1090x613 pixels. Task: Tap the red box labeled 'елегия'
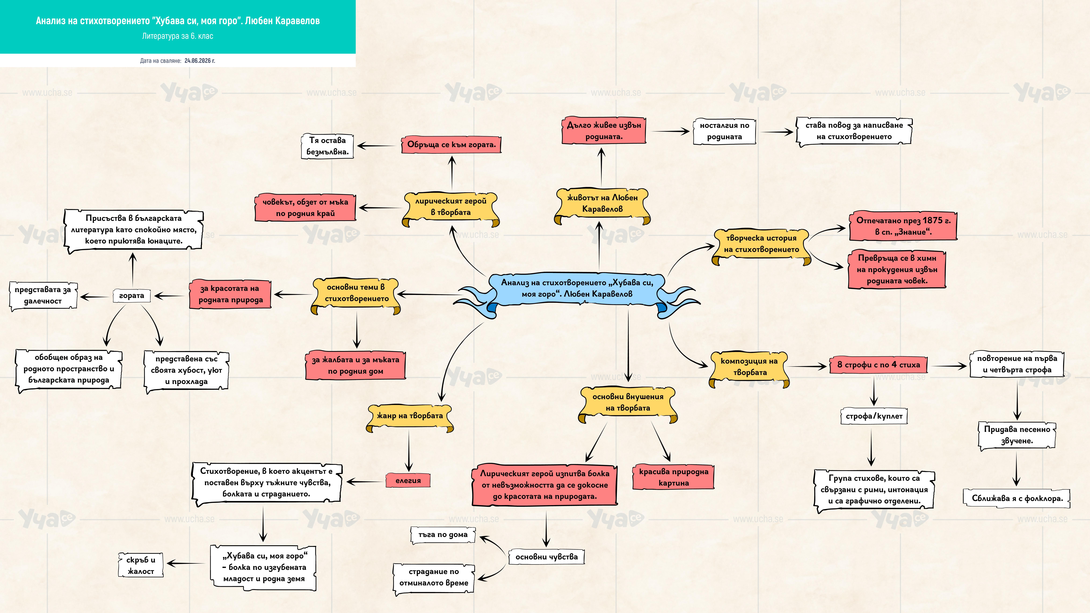click(408, 481)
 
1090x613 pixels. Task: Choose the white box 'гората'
click(132, 296)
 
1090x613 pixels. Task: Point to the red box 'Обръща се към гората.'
click(451, 145)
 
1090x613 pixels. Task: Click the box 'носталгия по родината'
click(724, 131)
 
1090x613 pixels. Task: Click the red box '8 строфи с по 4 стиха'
click(878, 365)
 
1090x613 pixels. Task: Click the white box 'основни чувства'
click(546, 557)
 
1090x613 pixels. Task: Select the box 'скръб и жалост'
click(141, 565)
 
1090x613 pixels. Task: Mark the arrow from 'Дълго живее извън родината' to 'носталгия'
click(671, 132)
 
